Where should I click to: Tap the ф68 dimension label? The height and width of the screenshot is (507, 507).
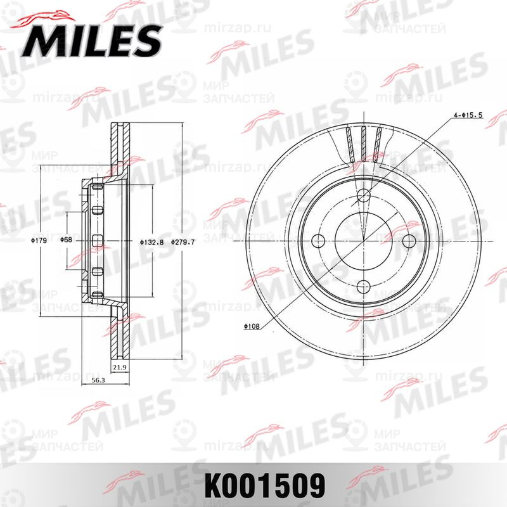pos(65,241)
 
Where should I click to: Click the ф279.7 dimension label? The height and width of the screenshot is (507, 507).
pos(183,241)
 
